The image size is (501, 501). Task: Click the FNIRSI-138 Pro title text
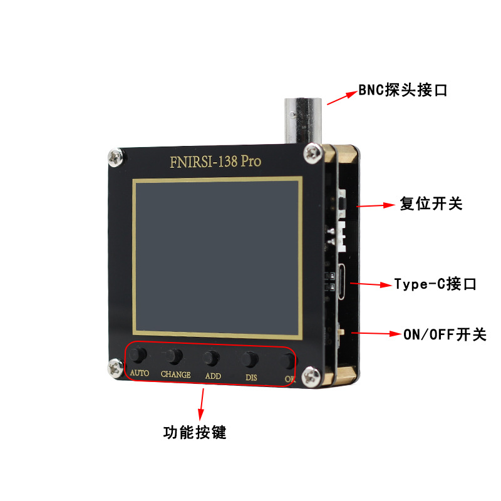click(x=215, y=162)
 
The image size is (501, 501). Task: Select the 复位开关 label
click(x=430, y=204)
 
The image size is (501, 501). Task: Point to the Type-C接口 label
click(x=435, y=284)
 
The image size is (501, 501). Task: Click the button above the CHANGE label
click(x=175, y=357)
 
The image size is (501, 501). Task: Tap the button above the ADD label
click(x=212, y=358)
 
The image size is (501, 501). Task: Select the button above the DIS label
click(x=250, y=359)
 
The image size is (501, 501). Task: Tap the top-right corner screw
click(x=312, y=151)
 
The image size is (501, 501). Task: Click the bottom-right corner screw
click(x=311, y=377)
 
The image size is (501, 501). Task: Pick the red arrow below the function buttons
click(x=201, y=404)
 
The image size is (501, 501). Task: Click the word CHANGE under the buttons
click(x=175, y=374)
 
